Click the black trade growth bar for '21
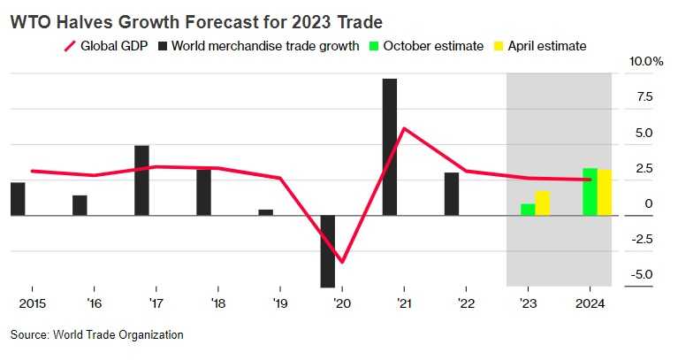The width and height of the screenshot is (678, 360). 389,147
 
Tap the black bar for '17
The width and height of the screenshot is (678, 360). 141,180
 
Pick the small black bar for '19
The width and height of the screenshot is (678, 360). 265,212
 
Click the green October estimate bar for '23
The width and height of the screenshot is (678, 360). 528,210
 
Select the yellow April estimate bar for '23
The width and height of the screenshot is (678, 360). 543,203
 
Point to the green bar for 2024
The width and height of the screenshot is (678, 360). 590,192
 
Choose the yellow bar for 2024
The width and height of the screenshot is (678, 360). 605,192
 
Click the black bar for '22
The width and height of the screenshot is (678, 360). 451,194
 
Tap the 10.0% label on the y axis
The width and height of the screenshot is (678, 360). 646,62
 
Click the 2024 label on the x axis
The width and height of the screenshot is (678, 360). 589,303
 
